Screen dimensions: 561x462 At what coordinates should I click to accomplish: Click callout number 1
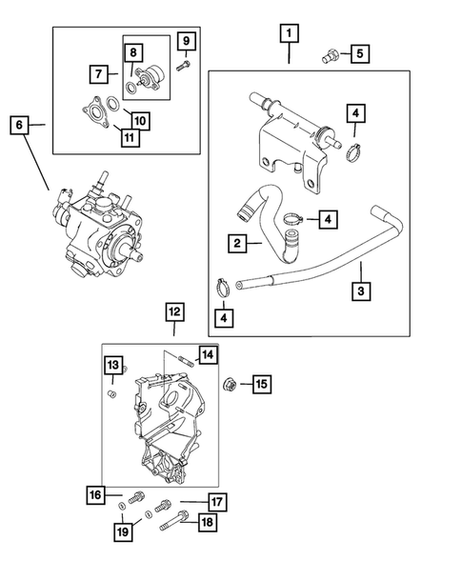[289, 34]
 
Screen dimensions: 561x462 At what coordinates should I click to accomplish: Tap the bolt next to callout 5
[331, 54]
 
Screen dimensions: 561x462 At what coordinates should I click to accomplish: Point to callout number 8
[133, 52]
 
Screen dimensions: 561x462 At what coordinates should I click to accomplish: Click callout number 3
[360, 291]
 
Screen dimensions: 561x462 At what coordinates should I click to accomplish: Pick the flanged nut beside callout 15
[230, 384]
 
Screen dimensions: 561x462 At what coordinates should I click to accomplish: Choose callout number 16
[95, 495]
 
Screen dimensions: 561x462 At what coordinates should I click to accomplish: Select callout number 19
[122, 531]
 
